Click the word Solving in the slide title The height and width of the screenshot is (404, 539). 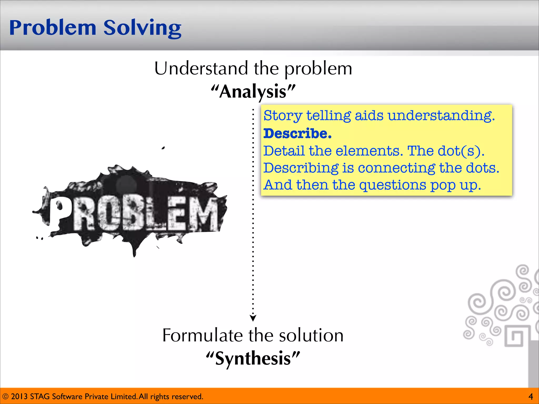[142, 28]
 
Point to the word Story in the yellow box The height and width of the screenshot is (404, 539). [283, 116]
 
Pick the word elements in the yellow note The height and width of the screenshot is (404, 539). [369, 151]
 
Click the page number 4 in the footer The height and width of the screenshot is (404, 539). [531, 396]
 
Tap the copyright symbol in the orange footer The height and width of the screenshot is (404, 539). [5, 396]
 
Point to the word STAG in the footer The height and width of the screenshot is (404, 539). [40, 396]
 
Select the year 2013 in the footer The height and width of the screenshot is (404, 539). [19, 396]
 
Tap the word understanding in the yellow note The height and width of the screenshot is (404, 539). [441, 116]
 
